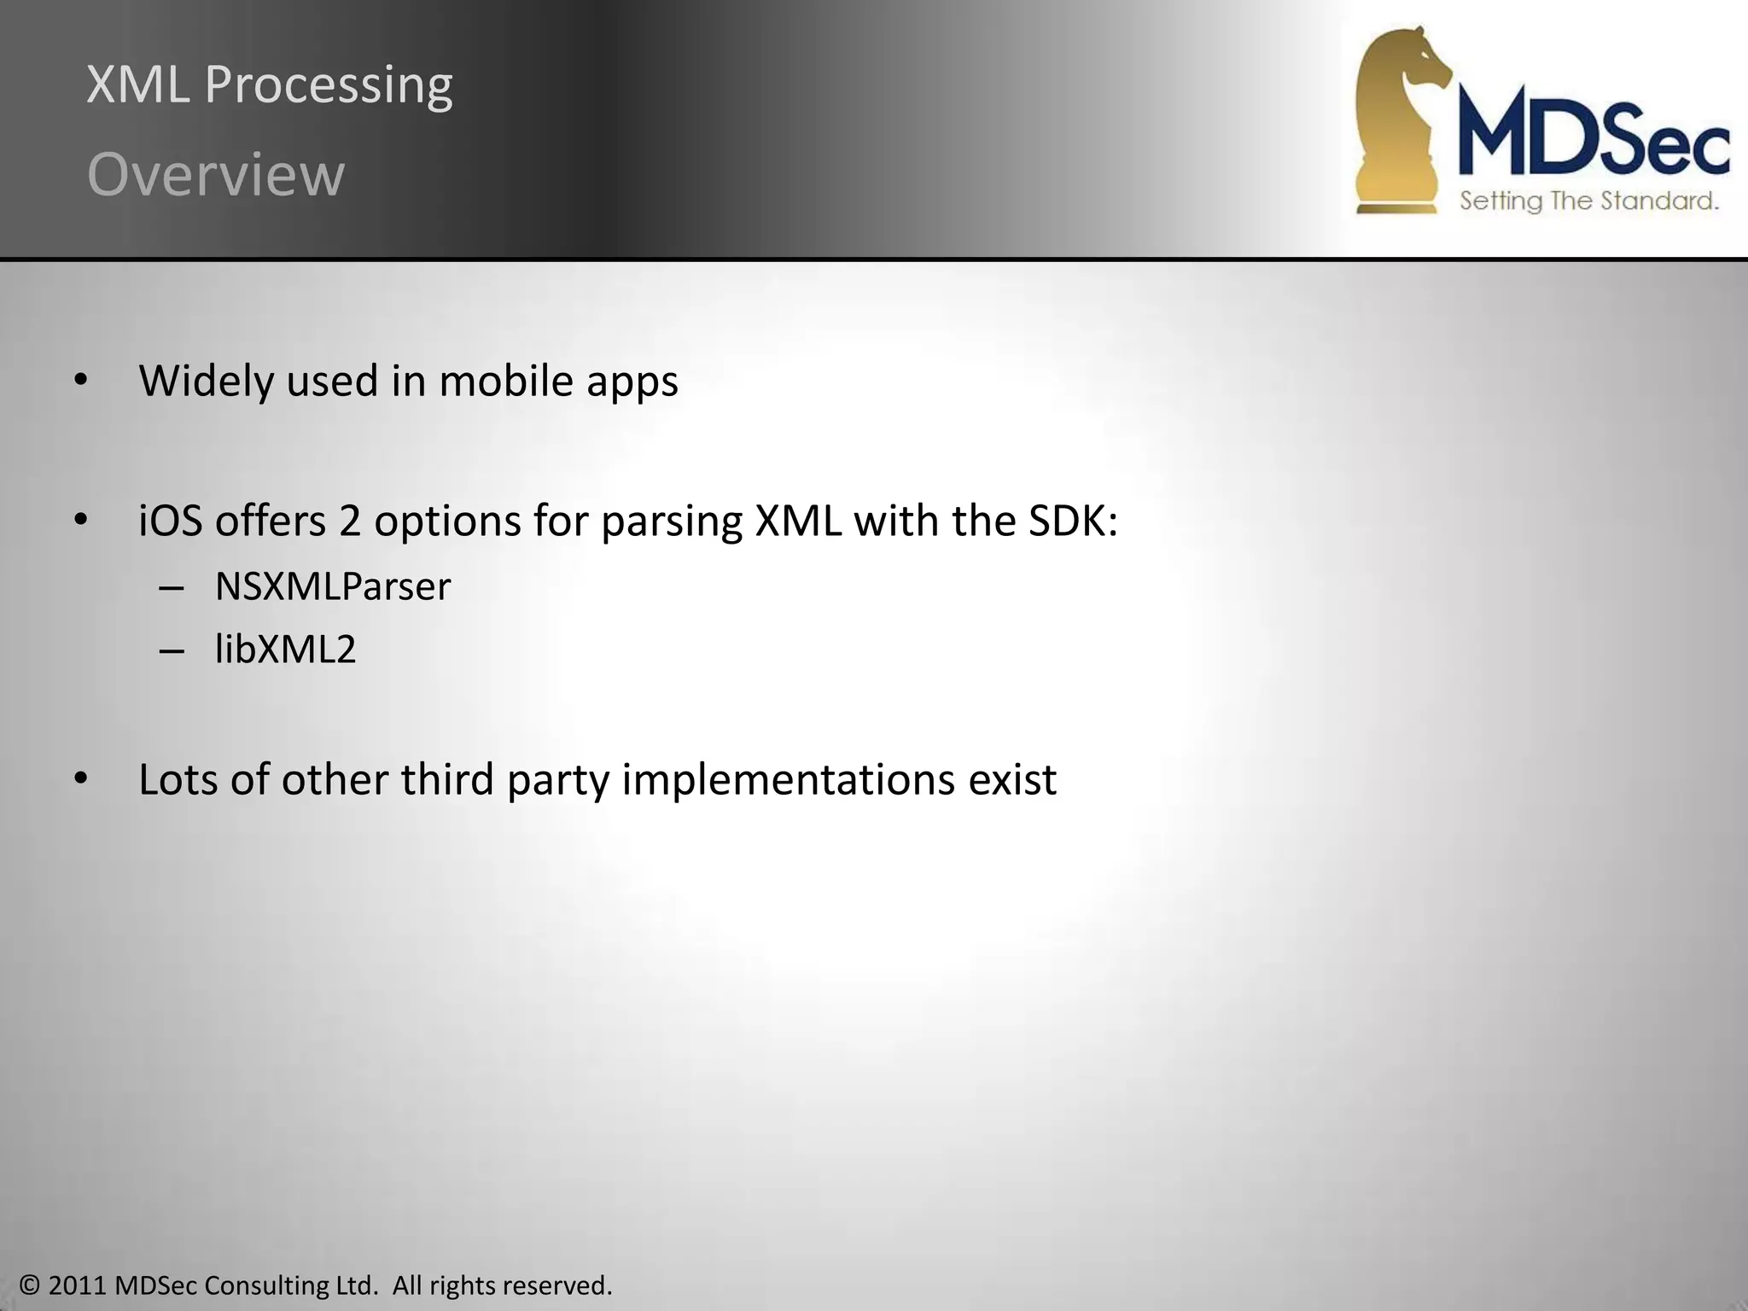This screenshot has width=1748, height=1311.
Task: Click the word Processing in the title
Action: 329,86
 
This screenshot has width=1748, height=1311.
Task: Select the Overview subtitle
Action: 216,175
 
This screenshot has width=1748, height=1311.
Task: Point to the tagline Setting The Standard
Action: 1588,201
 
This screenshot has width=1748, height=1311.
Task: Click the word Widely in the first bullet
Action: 207,381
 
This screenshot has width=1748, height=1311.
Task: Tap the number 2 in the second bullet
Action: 350,521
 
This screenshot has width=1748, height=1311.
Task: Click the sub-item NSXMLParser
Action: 332,587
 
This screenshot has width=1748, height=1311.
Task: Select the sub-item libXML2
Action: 285,650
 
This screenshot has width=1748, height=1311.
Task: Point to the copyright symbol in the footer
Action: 30,1285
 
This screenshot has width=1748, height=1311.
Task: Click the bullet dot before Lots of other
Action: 81,778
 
